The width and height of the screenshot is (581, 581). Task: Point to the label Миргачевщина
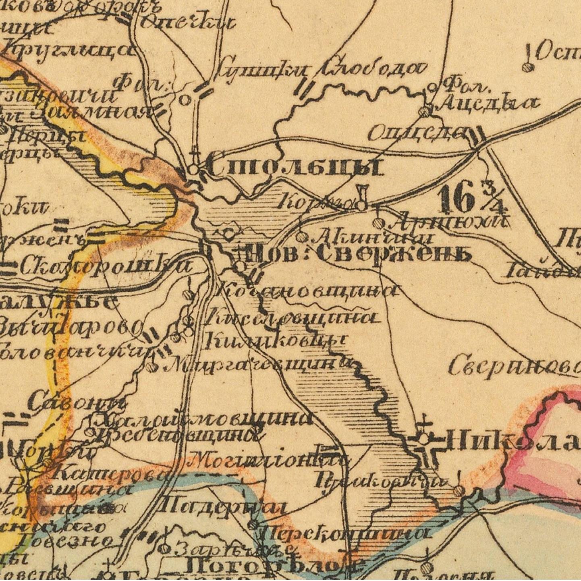pyautogui.click(x=258, y=365)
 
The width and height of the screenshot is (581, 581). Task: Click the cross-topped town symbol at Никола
pyautogui.click(x=423, y=439)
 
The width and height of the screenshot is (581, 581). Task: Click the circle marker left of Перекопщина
pyautogui.click(x=253, y=525)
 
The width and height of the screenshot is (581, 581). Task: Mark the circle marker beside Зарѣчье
pyautogui.click(x=164, y=548)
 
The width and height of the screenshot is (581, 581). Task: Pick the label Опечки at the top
pyautogui.click(x=187, y=23)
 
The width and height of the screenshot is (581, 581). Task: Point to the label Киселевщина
pyautogui.click(x=292, y=318)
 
